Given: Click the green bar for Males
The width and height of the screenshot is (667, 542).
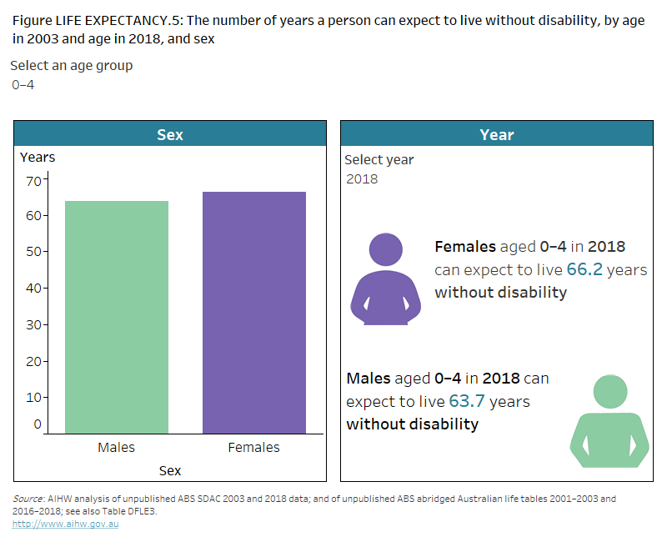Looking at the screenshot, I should coord(116,317).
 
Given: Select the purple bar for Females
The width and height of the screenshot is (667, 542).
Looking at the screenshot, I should coord(254,313).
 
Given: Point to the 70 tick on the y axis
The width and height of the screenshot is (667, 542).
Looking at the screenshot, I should coord(33,180).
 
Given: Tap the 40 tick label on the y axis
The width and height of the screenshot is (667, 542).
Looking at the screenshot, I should coord(33,289).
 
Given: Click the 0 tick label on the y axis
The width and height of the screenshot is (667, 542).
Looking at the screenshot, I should coord(38,424).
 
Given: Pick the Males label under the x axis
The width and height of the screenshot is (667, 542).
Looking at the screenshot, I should coord(116,448).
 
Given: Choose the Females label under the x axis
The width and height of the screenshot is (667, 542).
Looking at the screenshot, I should coord(254,448).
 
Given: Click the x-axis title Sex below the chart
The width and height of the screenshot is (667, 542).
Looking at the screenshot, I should coord(170,471).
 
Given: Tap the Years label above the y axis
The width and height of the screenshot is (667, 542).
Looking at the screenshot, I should coord(38,157).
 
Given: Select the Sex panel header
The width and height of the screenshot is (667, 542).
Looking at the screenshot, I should coord(170,134).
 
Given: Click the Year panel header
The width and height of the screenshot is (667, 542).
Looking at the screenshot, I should coord(497,134).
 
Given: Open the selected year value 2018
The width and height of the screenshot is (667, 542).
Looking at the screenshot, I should coord(362,179).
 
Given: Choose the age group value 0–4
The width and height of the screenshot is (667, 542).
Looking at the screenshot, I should coord(23,85).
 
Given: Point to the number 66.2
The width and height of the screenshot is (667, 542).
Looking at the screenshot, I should coord(585,269).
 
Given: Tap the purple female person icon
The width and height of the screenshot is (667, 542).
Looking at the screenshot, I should coord(385,279).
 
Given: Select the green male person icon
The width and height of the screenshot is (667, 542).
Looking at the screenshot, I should coord(609,421).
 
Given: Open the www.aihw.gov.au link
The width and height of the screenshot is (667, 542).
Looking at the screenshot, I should coord(65,524).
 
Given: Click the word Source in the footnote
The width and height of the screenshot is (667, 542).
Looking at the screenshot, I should coord(28,499).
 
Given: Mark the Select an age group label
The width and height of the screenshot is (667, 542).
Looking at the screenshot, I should coord(71,65).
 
